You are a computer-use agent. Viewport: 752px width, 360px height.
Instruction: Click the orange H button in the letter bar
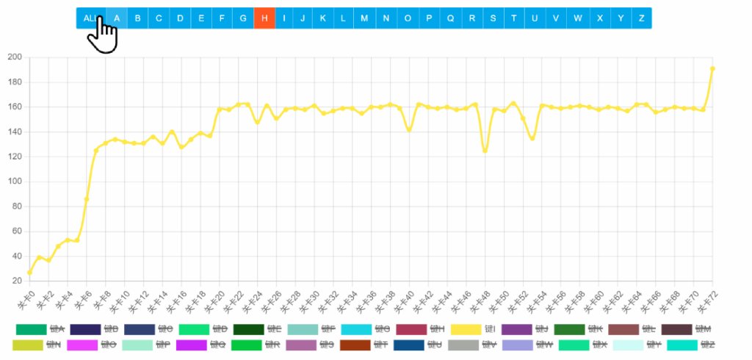click(x=264, y=18)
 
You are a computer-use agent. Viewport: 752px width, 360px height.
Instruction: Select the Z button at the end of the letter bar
click(x=642, y=18)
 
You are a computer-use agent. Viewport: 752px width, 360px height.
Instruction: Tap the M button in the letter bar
click(x=364, y=18)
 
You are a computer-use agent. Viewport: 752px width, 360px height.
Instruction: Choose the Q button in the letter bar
click(x=450, y=18)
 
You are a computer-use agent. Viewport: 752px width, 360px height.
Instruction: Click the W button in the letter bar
click(x=578, y=18)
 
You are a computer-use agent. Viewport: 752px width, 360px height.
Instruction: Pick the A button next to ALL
click(x=117, y=18)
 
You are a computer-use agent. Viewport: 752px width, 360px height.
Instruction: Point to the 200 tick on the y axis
click(x=15, y=57)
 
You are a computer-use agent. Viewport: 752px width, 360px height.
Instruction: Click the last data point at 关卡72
click(x=712, y=68)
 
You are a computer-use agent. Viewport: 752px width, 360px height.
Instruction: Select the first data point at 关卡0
click(x=29, y=273)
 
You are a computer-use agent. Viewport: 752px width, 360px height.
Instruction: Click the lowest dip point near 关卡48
click(x=485, y=151)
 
